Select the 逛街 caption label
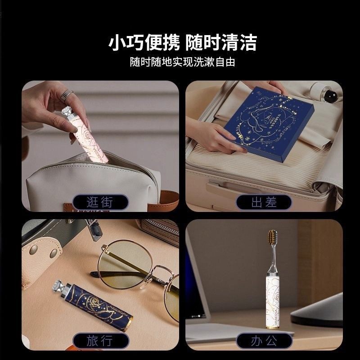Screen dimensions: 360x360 click(x=100, y=202)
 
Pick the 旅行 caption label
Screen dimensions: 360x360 click(x=100, y=341)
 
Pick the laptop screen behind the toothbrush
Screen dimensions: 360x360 click(x=216, y=270)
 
